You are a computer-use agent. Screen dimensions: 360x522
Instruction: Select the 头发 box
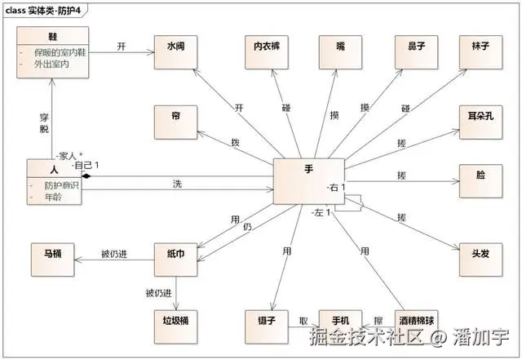point(479,256)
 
